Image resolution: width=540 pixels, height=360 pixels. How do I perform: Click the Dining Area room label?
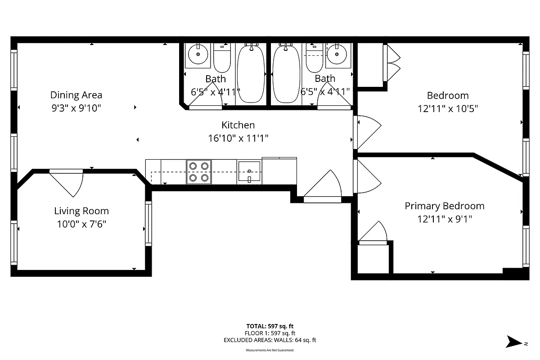pyautogui.click(x=76, y=95)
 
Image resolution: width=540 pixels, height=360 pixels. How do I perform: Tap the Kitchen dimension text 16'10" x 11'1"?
pyautogui.click(x=238, y=138)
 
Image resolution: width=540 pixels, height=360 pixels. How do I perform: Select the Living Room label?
pyautogui.click(x=81, y=211)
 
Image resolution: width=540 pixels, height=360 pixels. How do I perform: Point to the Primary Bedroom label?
pyautogui.click(x=445, y=206)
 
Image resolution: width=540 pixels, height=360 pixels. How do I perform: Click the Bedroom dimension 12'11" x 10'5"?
pyautogui.click(x=448, y=108)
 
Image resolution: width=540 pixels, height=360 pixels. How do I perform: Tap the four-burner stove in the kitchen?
pyautogui.click(x=199, y=172)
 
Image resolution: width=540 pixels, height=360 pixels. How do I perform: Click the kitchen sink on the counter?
pyautogui.click(x=249, y=172)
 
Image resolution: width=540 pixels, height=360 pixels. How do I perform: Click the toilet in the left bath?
pyautogui.click(x=222, y=58)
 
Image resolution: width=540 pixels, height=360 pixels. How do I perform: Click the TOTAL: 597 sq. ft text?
pyautogui.click(x=270, y=326)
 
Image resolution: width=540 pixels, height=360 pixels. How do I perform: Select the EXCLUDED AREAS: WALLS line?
pyautogui.click(x=270, y=340)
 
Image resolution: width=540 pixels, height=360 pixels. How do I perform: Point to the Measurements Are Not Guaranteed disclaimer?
pyautogui.click(x=270, y=350)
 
